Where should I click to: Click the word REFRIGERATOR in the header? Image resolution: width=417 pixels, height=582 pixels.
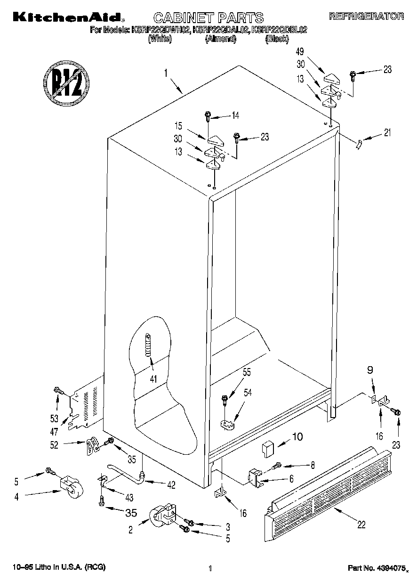click(366, 16)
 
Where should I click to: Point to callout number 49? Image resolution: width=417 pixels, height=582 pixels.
click(299, 51)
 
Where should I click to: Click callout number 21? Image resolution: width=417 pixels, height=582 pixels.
click(387, 132)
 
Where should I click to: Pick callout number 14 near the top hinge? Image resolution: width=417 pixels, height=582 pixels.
click(235, 114)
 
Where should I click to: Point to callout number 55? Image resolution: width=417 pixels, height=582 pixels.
click(246, 372)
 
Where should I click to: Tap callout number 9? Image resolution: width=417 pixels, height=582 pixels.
click(370, 370)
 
